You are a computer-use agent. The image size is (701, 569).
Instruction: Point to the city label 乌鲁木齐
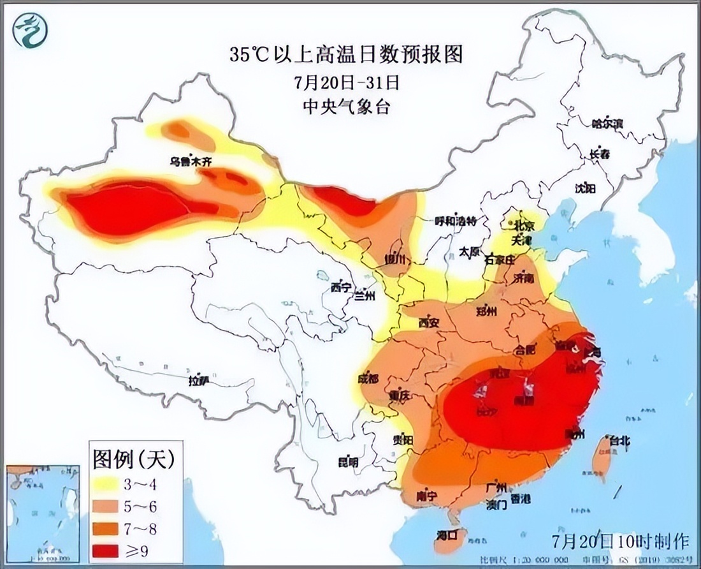(x=190, y=163)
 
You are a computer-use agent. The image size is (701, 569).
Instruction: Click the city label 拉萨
(x=199, y=381)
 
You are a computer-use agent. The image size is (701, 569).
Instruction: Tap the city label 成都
(x=368, y=379)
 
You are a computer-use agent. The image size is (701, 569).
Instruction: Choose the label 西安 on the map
(x=428, y=323)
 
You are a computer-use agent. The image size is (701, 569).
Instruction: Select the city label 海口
(x=447, y=534)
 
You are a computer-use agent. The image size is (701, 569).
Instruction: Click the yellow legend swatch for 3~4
(x=107, y=483)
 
